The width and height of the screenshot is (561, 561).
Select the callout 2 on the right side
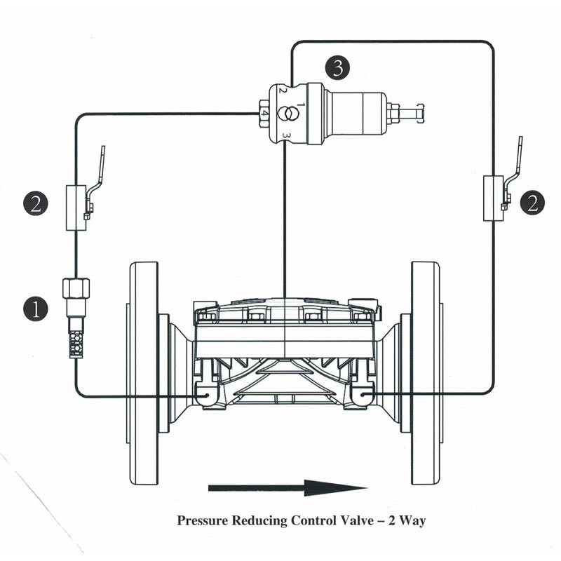click(x=533, y=203)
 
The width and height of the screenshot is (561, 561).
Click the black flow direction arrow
click(x=288, y=487)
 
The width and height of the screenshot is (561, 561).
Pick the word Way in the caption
click(x=412, y=521)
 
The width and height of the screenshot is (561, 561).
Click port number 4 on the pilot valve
click(x=264, y=113)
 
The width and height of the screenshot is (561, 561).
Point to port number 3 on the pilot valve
click(x=286, y=133)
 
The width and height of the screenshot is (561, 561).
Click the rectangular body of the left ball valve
click(x=75, y=208)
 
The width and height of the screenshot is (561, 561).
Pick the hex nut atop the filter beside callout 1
click(x=75, y=288)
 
